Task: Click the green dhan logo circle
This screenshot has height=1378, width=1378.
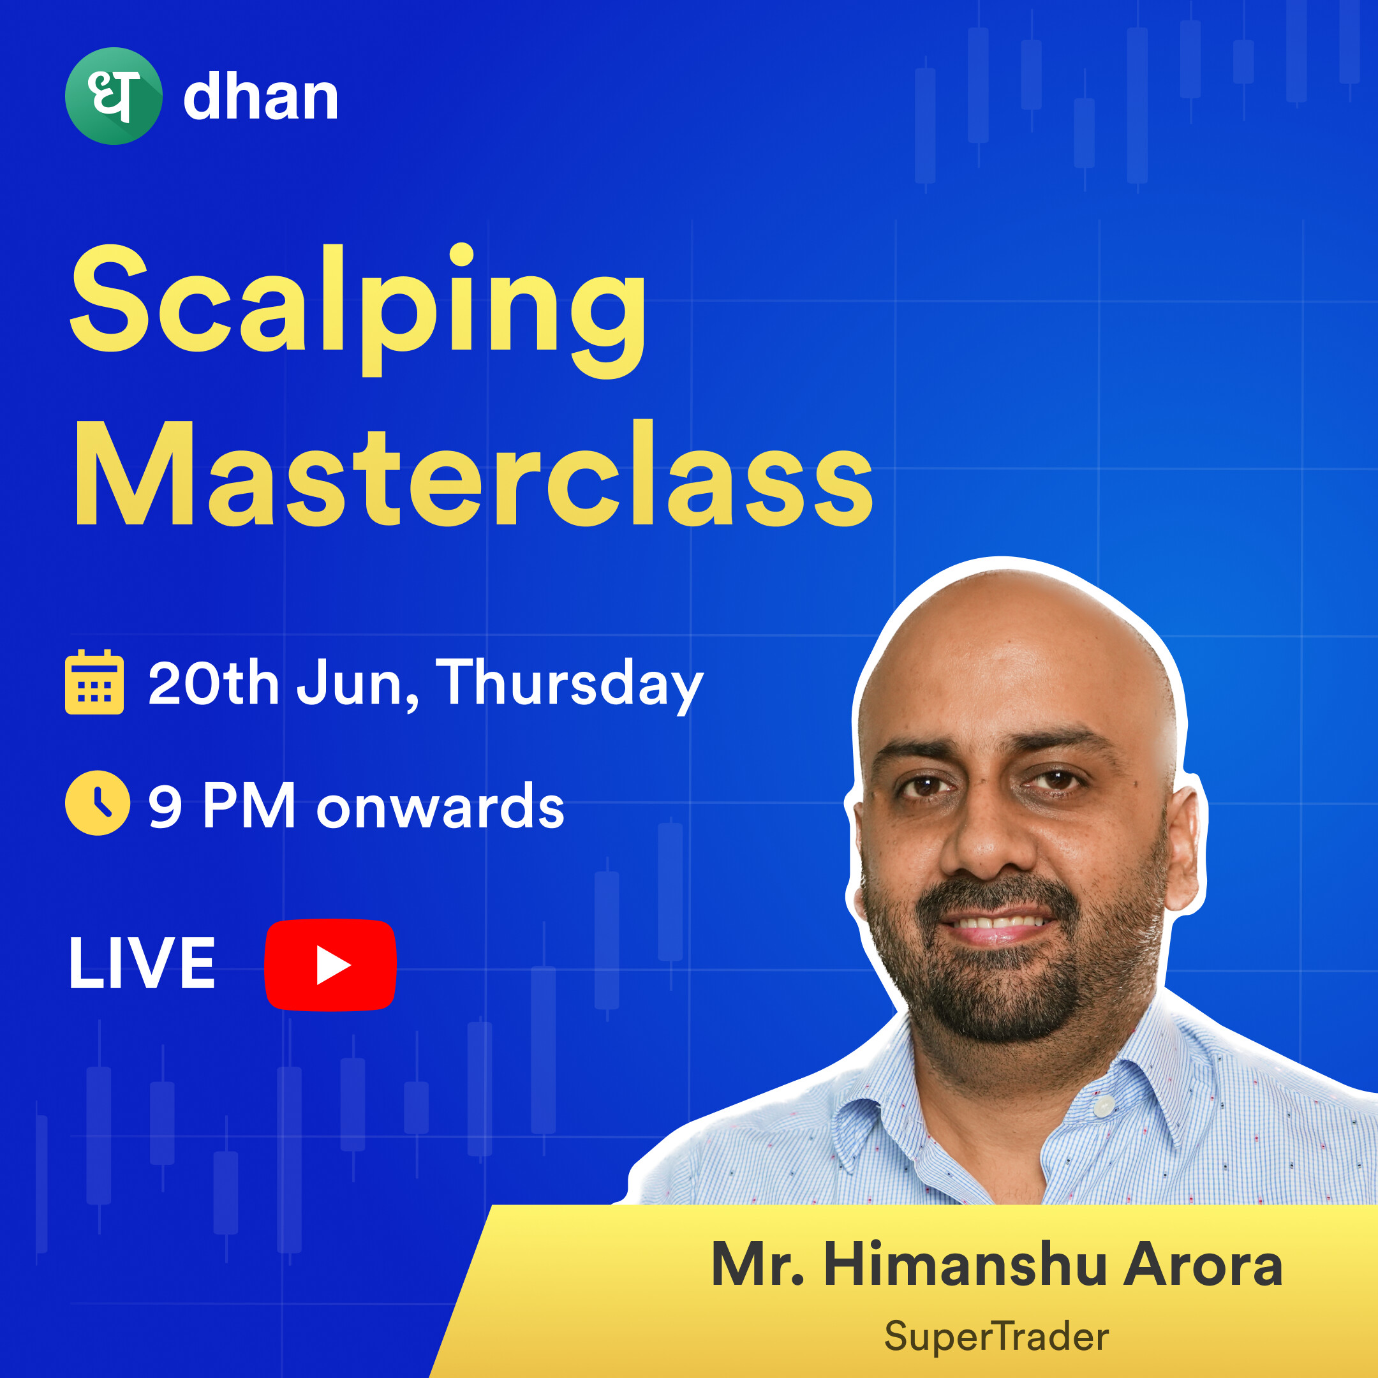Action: point(114,96)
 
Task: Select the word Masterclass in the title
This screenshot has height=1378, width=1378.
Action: point(473,473)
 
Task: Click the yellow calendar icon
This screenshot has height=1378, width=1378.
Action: point(94,681)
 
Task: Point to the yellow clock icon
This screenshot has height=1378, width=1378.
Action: point(98,803)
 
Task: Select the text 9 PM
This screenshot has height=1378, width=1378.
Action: point(222,805)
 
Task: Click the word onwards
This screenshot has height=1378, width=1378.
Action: point(440,806)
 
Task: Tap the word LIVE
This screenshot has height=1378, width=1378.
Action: point(142,963)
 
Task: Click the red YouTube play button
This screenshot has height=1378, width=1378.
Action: point(330,965)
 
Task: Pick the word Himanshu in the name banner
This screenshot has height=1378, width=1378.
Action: point(966,1264)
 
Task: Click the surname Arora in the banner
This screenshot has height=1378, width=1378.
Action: point(1203,1264)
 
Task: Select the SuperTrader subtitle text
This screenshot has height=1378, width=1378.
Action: point(996,1335)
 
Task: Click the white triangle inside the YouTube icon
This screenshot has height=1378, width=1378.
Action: point(332,965)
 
